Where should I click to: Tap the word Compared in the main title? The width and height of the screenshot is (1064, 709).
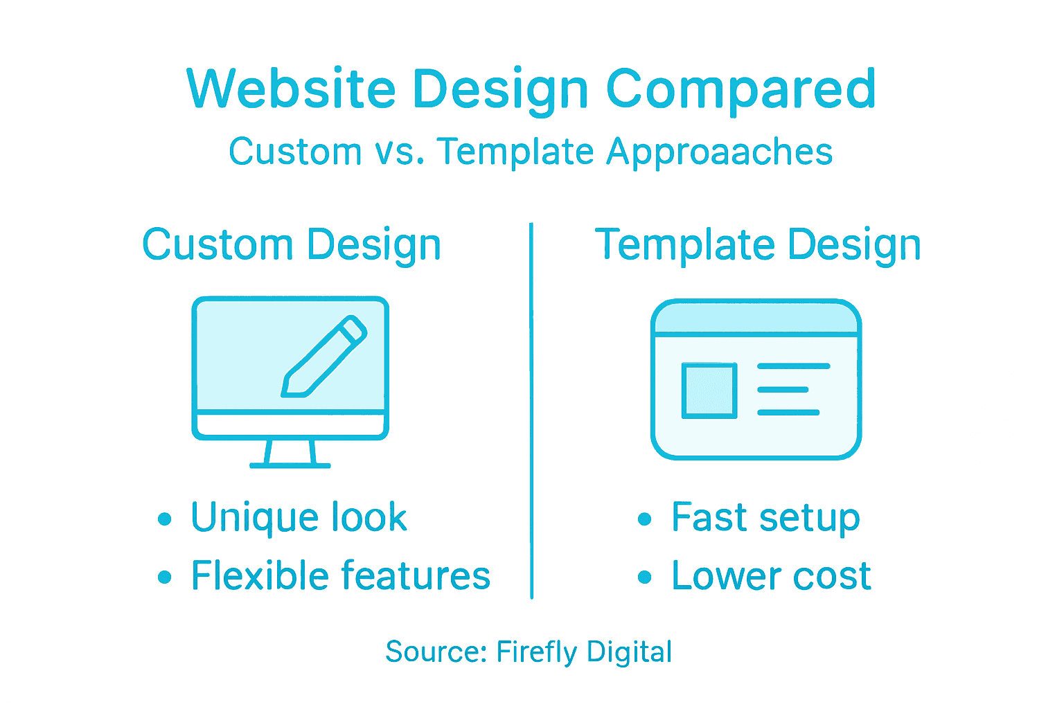(x=741, y=90)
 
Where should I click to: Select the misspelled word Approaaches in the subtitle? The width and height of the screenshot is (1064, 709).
(x=719, y=152)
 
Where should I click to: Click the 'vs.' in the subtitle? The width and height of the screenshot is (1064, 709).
(x=400, y=152)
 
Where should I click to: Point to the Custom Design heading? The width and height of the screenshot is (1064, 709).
(x=292, y=246)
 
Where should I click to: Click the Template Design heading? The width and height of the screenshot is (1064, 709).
(x=758, y=246)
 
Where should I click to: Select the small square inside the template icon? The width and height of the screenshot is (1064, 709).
(x=709, y=391)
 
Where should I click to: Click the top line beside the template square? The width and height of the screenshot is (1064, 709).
(x=793, y=366)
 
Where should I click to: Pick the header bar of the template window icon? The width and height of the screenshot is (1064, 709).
(x=756, y=318)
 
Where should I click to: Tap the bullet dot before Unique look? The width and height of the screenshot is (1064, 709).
(x=164, y=519)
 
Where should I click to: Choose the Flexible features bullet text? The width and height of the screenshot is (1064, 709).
(x=341, y=576)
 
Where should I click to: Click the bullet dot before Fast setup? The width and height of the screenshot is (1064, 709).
(x=645, y=519)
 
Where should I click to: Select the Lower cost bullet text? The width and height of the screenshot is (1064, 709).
(x=771, y=576)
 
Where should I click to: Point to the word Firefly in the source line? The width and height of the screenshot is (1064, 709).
(x=536, y=652)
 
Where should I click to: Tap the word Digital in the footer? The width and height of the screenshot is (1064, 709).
(x=629, y=652)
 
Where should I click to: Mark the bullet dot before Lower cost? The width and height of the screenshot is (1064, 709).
(x=645, y=577)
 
